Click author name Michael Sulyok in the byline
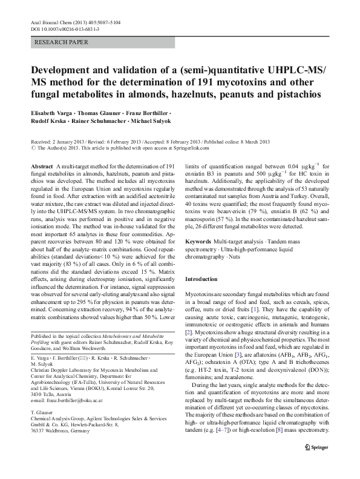[x=155, y=122]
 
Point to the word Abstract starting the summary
[x=41, y=166]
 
